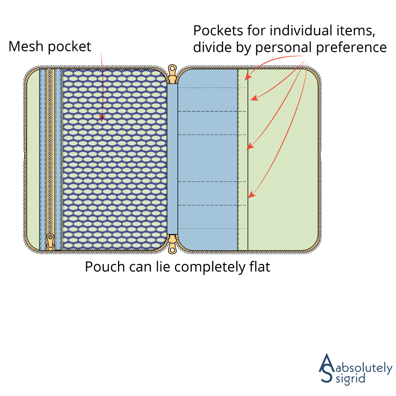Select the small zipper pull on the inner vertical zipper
[51, 242]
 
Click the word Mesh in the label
[24, 47]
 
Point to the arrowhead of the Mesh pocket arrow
[102, 119]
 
